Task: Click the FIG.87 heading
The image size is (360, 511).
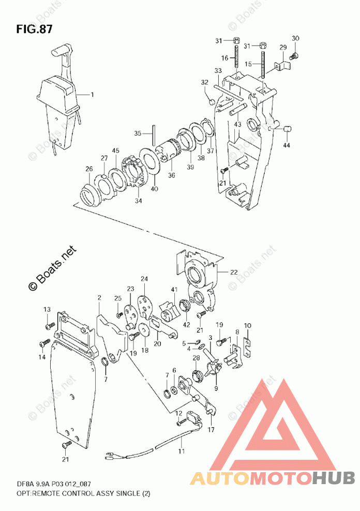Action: tap(34, 28)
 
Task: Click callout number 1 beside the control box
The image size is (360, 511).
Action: tap(93, 95)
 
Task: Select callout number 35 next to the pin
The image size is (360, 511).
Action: tap(137, 133)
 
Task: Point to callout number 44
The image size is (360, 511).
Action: tap(287, 145)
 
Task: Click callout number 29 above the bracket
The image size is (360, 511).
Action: tap(283, 48)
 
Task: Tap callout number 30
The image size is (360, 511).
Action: tap(295, 38)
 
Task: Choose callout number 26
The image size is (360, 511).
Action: tap(89, 169)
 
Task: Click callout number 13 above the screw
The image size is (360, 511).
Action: tap(47, 309)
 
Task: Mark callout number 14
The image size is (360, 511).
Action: tap(41, 357)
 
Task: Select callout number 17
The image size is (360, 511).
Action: tap(211, 430)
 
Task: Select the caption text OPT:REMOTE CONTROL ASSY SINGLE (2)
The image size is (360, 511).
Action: tap(76, 494)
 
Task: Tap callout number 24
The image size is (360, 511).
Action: tap(144, 279)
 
